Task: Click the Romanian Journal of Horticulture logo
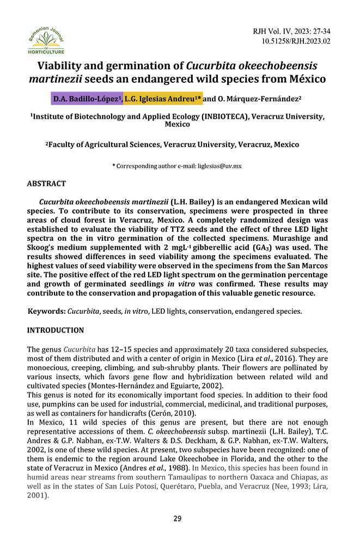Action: pos(46,40)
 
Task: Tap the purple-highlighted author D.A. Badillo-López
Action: pos(87,99)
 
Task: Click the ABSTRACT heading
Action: pos(46,184)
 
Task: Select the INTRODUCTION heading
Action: pos(56,330)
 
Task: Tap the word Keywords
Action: pos(46,311)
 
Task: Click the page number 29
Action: pos(178,518)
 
